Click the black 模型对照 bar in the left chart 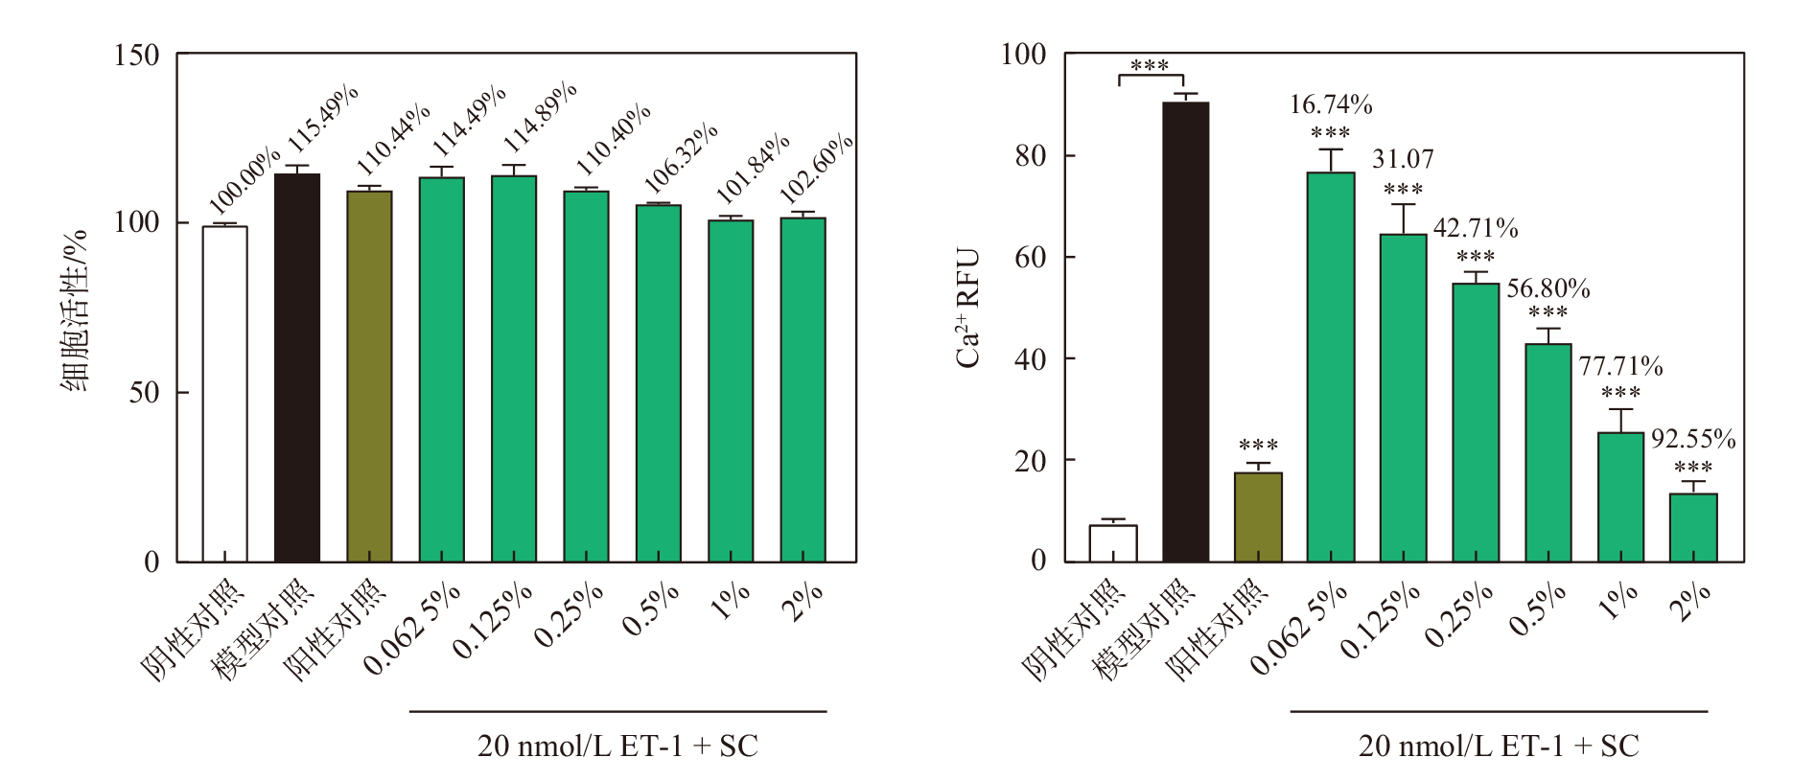[x=297, y=368]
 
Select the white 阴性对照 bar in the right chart [x=1113, y=543]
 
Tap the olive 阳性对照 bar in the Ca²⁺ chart [x=1258, y=517]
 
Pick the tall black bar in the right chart [x=1185, y=332]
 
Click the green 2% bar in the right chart [x=1693, y=528]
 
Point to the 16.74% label [x=1331, y=104]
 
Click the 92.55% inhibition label [x=1693, y=439]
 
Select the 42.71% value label [x=1476, y=228]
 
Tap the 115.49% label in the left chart [x=323, y=119]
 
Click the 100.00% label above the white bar [x=245, y=181]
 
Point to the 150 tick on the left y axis [x=136, y=56]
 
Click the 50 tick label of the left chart [x=144, y=393]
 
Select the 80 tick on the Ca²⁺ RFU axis [x=1031, y=155]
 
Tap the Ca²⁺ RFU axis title [x=968, y=308]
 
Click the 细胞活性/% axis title [x=75, y=309]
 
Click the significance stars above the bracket [x=1150, y=65]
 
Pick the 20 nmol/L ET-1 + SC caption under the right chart [x=1499, y=746]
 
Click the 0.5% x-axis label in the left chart [x=652, y=609]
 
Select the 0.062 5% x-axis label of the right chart [x=1300, y=628]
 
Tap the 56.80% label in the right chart [x=1548, y=288]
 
